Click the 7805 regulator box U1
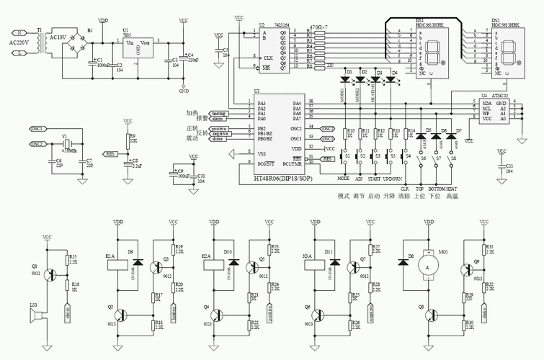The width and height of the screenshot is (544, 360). (x=138, y=49)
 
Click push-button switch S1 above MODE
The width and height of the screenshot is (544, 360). (x=347, y=155)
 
